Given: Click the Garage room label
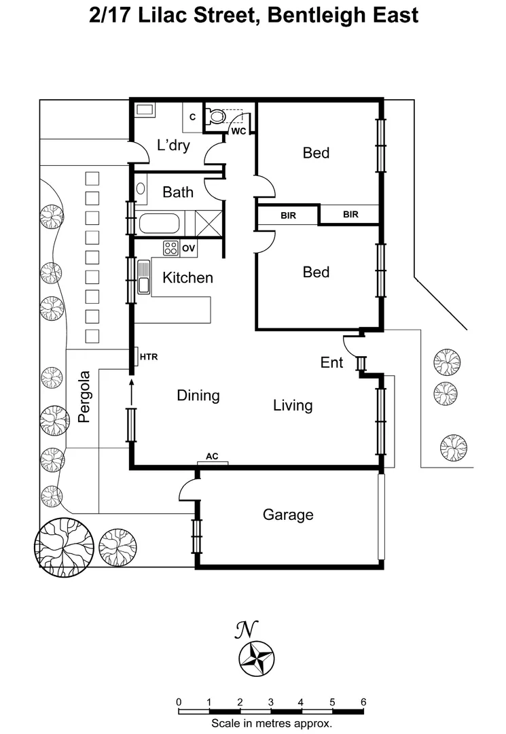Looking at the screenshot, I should tap(288, 515).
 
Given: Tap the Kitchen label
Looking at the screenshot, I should tap(187, 277).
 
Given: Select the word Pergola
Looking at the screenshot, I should tap(84, 397).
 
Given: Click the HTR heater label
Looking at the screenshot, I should tap(148, 356).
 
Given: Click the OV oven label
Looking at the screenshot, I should tap(188, 249).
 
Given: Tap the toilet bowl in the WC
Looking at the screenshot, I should tap(217, 116).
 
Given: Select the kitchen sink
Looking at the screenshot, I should tap(144, 277).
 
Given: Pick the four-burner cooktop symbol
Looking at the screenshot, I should tap(170, 248).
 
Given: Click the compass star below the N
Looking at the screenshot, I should tap(257, 659).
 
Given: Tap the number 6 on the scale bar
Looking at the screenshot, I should tap(363, 702).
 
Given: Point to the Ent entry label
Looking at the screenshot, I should tap(331, 363).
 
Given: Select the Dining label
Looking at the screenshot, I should tap(198, 396).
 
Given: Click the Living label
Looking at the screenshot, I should tap(293, 406).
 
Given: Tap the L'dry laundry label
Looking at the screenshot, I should tap(173, 145).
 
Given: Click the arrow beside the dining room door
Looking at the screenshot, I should tap(130, 390).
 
